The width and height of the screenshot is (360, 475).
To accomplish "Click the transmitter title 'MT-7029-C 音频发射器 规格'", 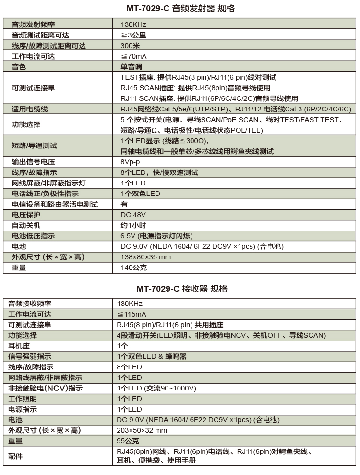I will tap(180, 9).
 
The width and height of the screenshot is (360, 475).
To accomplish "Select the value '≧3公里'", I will tap(133, 35).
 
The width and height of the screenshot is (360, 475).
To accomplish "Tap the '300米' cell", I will tap(130, 46).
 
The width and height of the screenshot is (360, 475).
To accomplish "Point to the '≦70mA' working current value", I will tap(133, 56).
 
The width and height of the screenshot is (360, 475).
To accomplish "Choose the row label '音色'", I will tap(19, 67).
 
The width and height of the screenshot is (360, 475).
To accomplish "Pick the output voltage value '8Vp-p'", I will tap(131, 162).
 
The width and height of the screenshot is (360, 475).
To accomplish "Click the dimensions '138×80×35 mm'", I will tap(146, 257).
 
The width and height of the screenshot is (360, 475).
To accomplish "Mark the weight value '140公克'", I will tap(134, 268).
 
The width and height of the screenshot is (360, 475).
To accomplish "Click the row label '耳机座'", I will tap(19, 346).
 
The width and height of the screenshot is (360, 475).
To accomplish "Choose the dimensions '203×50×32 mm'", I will tap(142, 430).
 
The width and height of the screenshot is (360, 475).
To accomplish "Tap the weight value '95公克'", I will tap(128, 441).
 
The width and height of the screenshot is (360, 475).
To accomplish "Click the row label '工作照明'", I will tap(23, 399).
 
